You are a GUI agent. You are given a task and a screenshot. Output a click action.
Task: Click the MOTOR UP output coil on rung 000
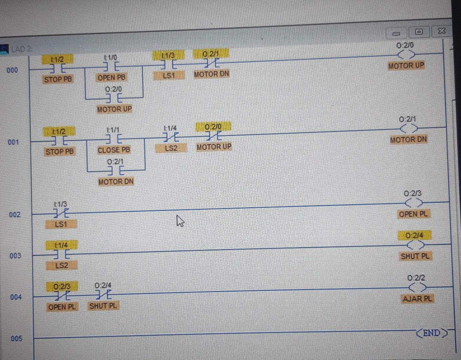[x=406, y=54]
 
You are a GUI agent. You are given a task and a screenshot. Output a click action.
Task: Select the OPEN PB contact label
[x=111, y=77]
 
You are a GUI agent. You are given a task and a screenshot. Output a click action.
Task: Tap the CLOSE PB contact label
[x=114, y=150]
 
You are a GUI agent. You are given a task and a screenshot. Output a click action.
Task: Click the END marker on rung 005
[x=432, y=333]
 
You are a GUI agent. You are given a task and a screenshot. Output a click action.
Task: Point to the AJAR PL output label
[x=417, y=299]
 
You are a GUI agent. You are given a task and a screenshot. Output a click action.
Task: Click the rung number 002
[x=15, y=215]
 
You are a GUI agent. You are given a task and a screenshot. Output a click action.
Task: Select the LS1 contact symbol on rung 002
[x=61, y=213]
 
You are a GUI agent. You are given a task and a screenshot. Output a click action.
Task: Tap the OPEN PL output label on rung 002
[x=413, y=214]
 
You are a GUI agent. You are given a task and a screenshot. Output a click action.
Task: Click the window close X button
[x=442, y=31]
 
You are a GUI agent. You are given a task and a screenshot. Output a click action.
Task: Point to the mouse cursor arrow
[x=180, y=221]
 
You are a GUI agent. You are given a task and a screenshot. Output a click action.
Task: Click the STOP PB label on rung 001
[x=60, y=152]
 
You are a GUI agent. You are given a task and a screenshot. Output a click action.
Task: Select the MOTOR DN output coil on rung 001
[x=409, y=128]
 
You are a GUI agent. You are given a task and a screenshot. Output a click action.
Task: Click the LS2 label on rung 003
[x=62, y=266]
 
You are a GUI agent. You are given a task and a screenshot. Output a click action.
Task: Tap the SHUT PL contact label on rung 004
[x=103, y=306]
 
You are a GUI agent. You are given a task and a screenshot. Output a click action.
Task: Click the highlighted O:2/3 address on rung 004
[x=62, y=286]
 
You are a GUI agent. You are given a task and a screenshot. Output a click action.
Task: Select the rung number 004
[x=16, y=297]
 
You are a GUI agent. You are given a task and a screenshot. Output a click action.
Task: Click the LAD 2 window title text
[x=22, y=49]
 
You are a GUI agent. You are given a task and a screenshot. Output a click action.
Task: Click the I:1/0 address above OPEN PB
[x=110, y=58]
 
